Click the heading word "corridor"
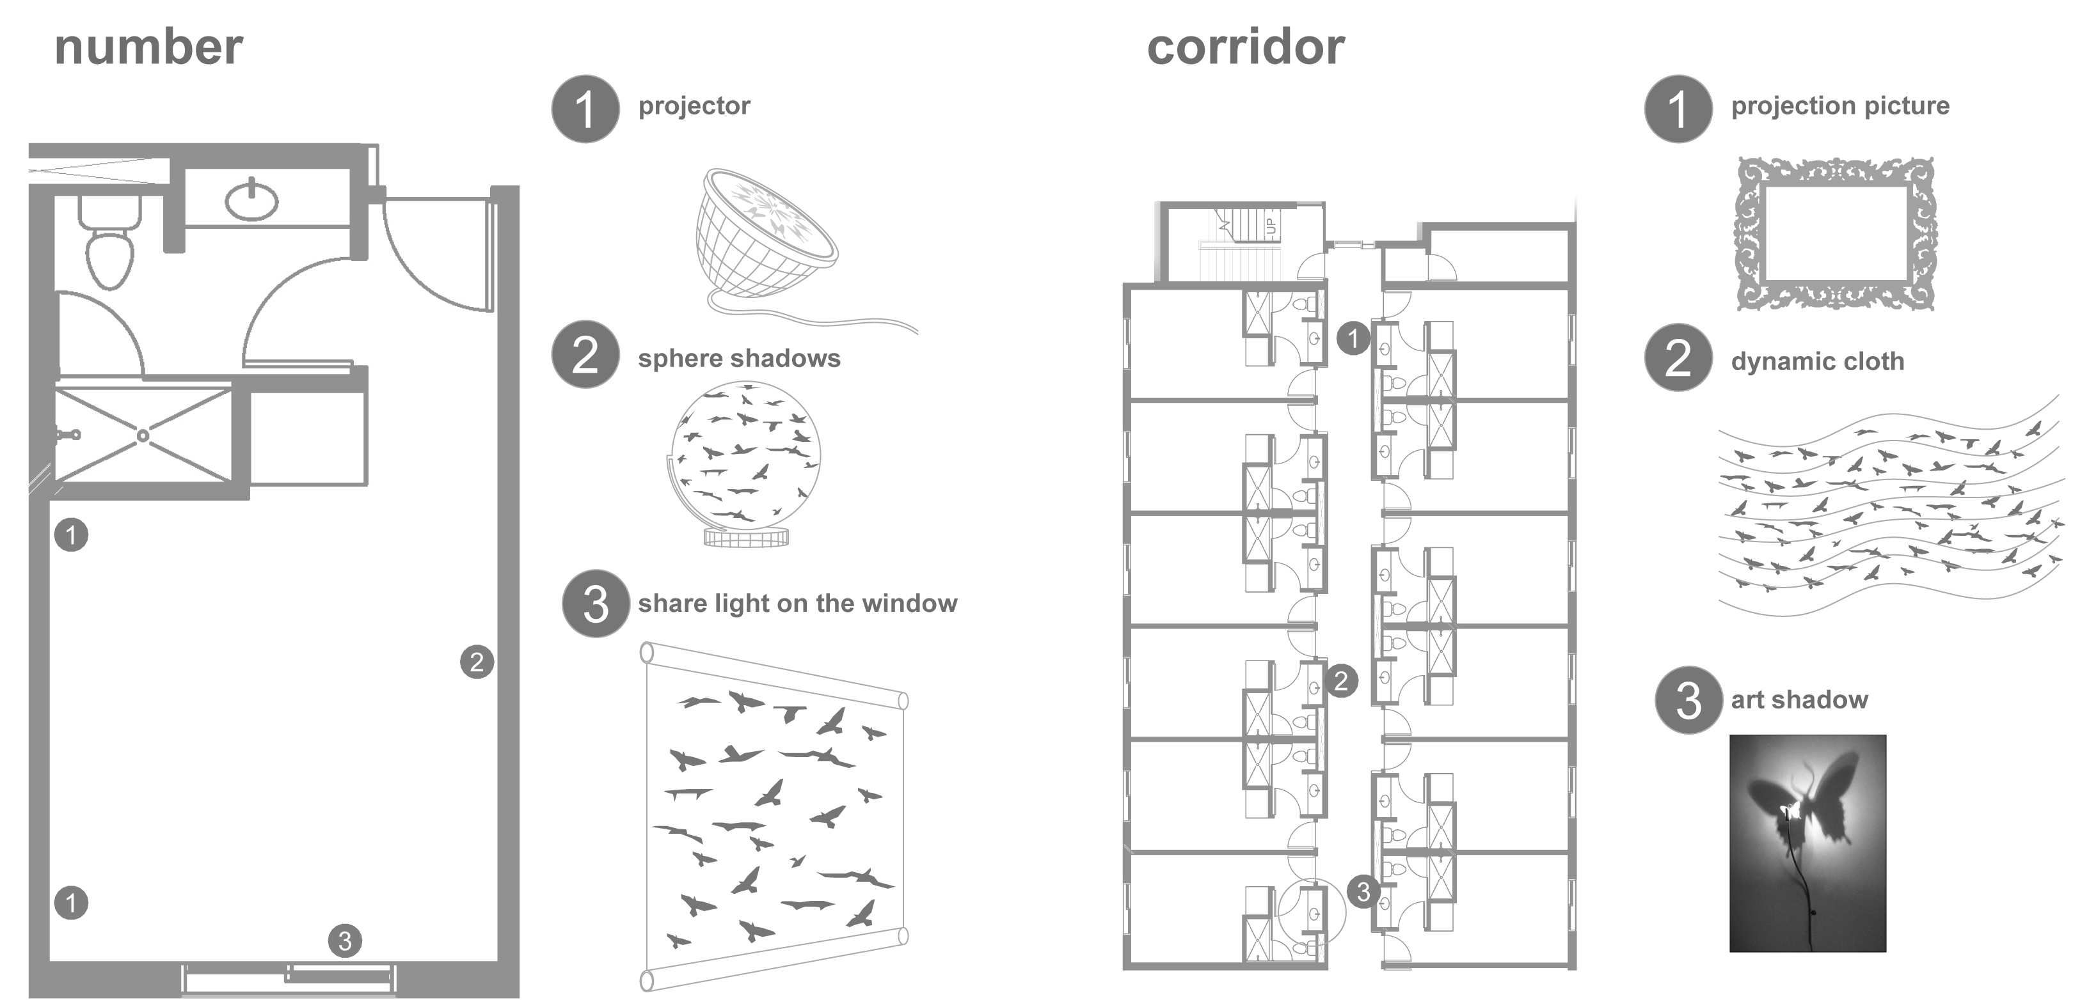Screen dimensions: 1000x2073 coord(1245,47)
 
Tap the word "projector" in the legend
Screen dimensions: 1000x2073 coord(694,105)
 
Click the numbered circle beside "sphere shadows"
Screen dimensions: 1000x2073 coord(585,355)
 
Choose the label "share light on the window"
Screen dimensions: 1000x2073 coord(797,604)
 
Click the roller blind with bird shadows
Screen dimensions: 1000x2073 coord(774,816)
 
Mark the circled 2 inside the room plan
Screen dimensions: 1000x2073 coord(477,662)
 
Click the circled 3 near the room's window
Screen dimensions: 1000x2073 coord(344,941)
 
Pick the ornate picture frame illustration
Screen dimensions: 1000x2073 coord(1836,233)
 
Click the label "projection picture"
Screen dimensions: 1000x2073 coord(1839,105)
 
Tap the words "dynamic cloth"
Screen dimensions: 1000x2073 coord(1817,361)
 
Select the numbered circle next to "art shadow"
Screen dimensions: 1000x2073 coord(1688,700)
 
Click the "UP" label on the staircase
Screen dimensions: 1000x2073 coord(1271,225)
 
